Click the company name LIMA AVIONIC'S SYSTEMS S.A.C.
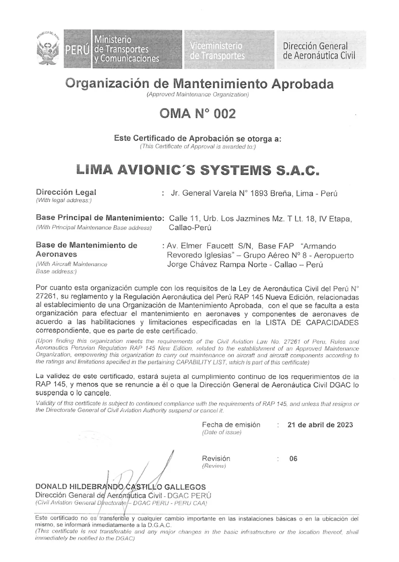(x=198, y=170)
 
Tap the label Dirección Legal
(x=66, y=192)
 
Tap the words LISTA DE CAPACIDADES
(x=312, y=323)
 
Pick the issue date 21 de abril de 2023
(x=320, y=425)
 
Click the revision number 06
(x=293, y=459)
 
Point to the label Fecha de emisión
(x=231, y=425)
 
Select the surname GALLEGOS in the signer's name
(x=185, y=487)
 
